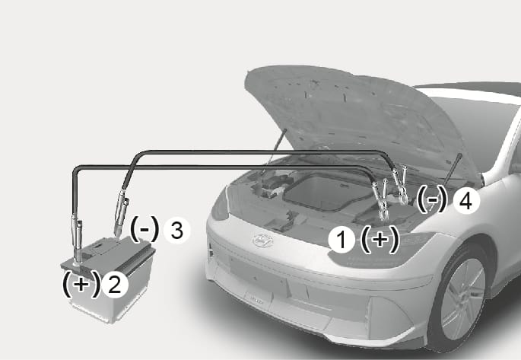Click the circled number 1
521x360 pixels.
pos(342,240)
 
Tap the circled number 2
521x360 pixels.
pos(115,285)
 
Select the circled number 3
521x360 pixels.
pos(176,230)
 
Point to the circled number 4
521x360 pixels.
pos(466,201)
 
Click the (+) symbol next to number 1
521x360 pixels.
pos(380,240)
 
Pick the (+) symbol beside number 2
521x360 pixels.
pos(81,284)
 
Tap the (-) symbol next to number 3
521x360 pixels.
pos(145,229)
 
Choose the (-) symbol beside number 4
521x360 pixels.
pos(432,199)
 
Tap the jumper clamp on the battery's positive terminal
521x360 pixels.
pos(76,239)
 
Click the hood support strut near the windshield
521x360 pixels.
pos(453,169)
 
